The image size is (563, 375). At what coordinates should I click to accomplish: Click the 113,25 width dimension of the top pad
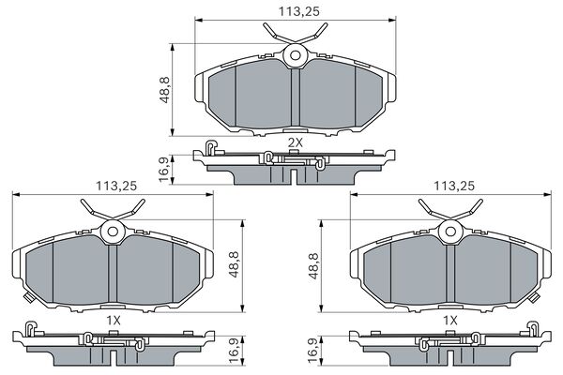click(299, 11)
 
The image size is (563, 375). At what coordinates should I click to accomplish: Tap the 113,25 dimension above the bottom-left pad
click(116, 186)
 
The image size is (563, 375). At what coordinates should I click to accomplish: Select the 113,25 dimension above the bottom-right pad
click(454, 186)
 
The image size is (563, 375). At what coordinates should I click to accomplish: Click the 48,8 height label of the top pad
click(164, 90)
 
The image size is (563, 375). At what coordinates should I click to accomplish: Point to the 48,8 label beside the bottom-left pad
click(234, 264)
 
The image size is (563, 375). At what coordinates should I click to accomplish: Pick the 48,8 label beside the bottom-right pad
click(312, 266)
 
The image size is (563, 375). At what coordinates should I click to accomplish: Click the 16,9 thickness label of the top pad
click(164, 169)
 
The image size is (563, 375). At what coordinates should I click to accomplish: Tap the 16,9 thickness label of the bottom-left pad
click(234, 350)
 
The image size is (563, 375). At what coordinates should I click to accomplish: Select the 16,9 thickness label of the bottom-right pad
click(312, 350)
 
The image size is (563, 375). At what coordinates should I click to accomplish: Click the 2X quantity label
click(296, 142)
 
